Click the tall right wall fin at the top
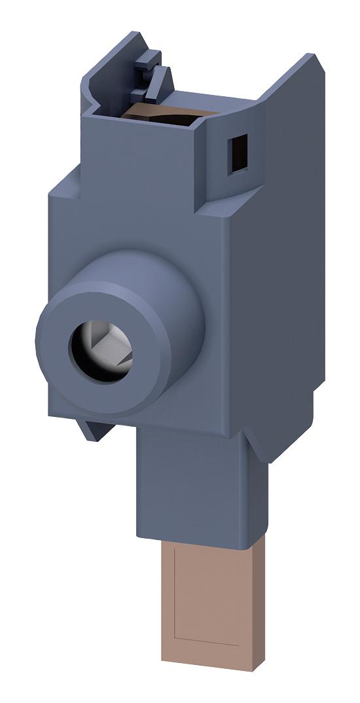click(288, 118)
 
